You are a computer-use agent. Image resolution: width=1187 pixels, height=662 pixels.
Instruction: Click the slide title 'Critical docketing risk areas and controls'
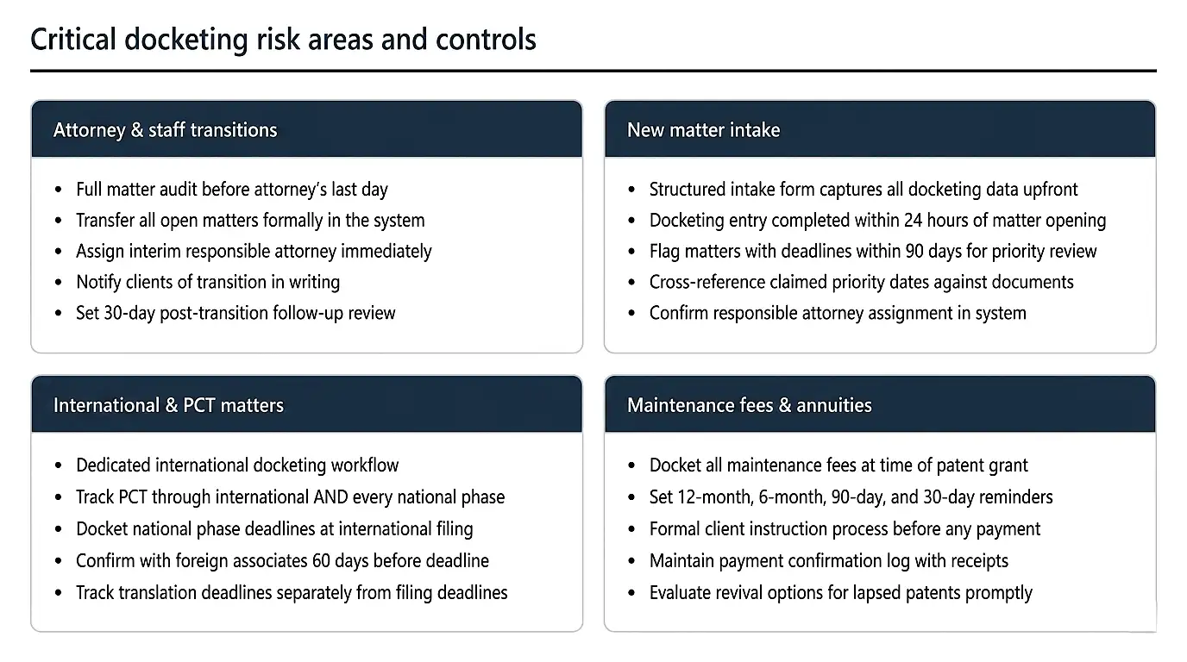click(x=283, y=40)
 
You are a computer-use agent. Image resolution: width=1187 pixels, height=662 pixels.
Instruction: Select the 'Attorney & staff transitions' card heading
click(x=165, y=130)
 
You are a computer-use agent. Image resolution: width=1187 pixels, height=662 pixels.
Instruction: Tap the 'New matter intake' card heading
click(x=703, y=130)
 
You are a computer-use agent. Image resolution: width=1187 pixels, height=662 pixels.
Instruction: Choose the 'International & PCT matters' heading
click(x=168, y=405)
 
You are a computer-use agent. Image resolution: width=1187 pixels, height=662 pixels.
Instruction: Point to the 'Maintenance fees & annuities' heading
click(x=749, y=405)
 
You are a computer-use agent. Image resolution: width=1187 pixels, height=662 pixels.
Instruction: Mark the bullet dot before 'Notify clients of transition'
click(x=59, y=283)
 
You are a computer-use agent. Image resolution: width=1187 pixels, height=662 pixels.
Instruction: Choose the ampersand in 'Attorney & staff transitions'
click(x=136, y=130)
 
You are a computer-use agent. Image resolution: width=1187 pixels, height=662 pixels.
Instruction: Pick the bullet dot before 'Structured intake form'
click(x=632, y=190)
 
